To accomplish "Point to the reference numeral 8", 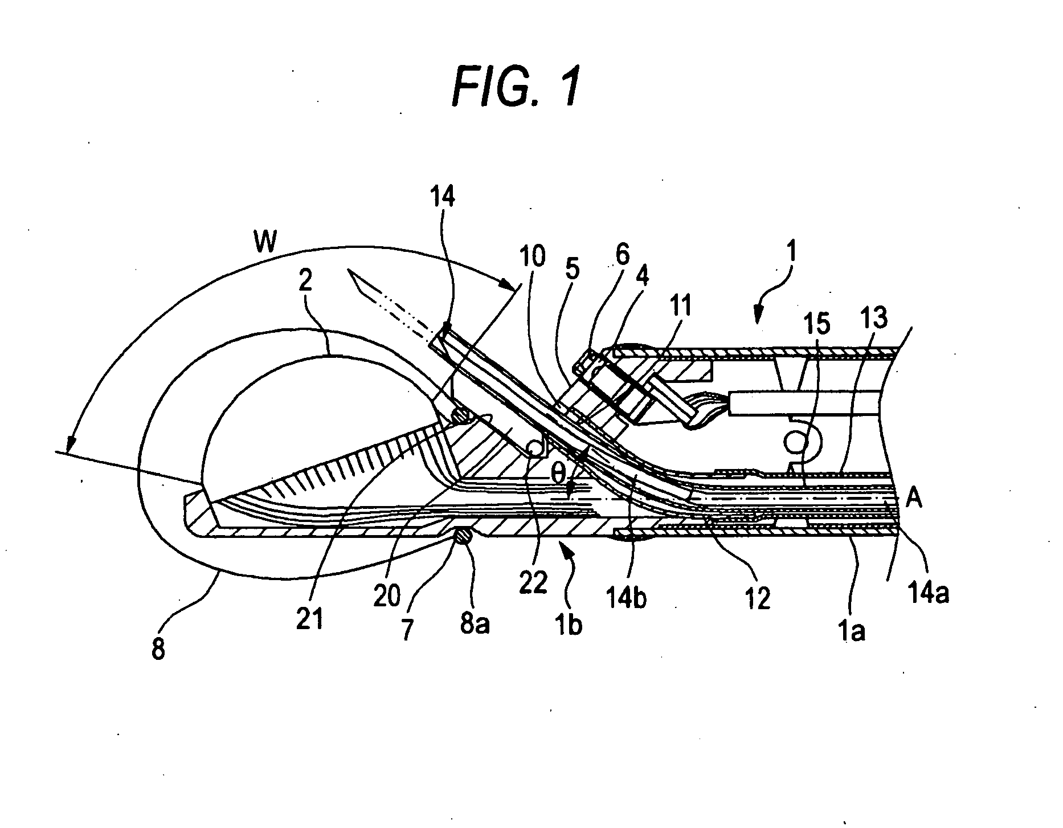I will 158,648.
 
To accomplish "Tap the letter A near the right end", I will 914,499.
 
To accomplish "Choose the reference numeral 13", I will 874,319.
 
